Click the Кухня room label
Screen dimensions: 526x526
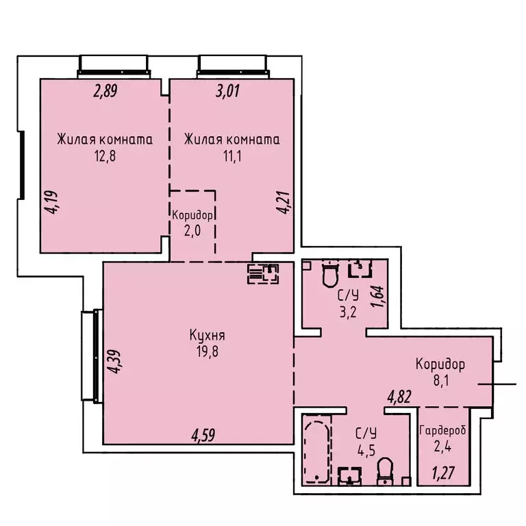(x=208, y=336)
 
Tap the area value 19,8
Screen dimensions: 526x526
(x=208, y=352)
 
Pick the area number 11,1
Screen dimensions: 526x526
(x=232, y=155)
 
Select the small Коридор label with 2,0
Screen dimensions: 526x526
(x=192, y=214)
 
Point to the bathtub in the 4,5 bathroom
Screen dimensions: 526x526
(x=317, y=451)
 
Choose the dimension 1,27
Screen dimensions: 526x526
(x=442, y=473)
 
